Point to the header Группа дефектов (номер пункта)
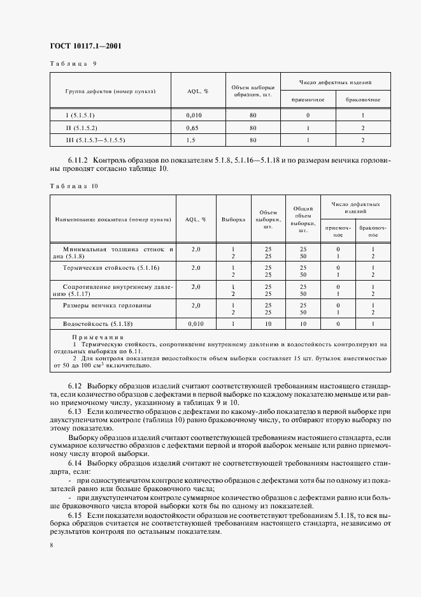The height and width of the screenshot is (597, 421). point(110,91)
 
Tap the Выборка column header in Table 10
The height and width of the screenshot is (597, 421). point(233,219)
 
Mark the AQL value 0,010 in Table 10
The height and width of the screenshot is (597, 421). point(196,324)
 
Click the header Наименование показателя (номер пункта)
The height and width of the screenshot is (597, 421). point(113,219)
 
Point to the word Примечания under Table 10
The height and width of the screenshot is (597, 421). point(98,337)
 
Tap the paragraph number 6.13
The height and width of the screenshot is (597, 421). point(76,412)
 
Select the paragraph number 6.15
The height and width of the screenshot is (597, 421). point(76,513)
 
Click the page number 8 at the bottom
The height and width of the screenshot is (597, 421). point(52,544)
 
